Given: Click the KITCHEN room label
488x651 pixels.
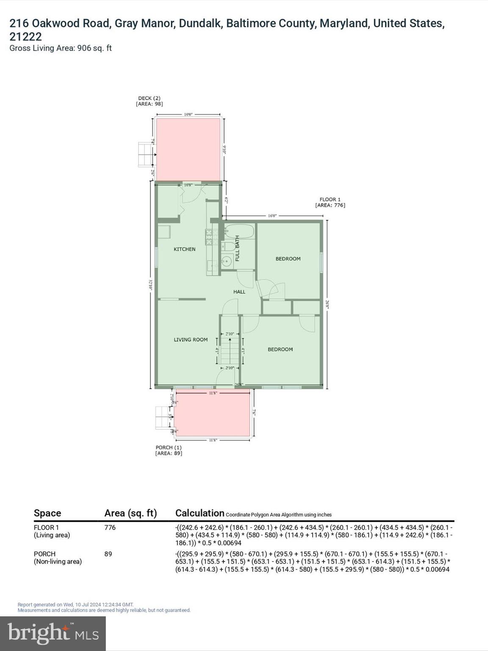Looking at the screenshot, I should [x=184, y=249].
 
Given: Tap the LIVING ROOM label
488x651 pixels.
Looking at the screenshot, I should [x=191, y=339].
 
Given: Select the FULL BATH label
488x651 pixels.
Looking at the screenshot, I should [x=237, y=248].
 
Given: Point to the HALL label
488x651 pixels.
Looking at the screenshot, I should [x=239, y=292].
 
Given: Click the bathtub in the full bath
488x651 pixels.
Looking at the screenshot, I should [x=239, y=231].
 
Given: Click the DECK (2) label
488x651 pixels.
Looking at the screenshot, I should [x=149, y=101].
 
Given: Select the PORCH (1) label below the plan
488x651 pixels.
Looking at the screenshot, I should [x=169, y=450].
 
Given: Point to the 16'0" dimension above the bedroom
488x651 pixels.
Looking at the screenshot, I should [x=272, y=216].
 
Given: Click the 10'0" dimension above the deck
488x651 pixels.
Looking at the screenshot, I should [x=188, y=114].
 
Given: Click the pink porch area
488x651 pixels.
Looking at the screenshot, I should [x=212, y=413].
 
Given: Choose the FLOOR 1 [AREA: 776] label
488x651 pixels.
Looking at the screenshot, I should [x=330, y=202].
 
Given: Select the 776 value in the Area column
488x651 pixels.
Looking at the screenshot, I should [x=110, y=527].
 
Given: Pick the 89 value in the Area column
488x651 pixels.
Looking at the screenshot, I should [x=108, y=554].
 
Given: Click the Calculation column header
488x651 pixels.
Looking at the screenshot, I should [x=200, y=513].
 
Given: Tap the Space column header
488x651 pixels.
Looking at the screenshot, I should [x=47, y=513].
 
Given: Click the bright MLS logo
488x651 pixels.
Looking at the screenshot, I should [x=53, y=633].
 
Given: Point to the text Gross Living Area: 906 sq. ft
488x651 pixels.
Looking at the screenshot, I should [x=61, y=48].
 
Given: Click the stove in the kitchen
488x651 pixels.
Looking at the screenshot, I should [x=208, y=237].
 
